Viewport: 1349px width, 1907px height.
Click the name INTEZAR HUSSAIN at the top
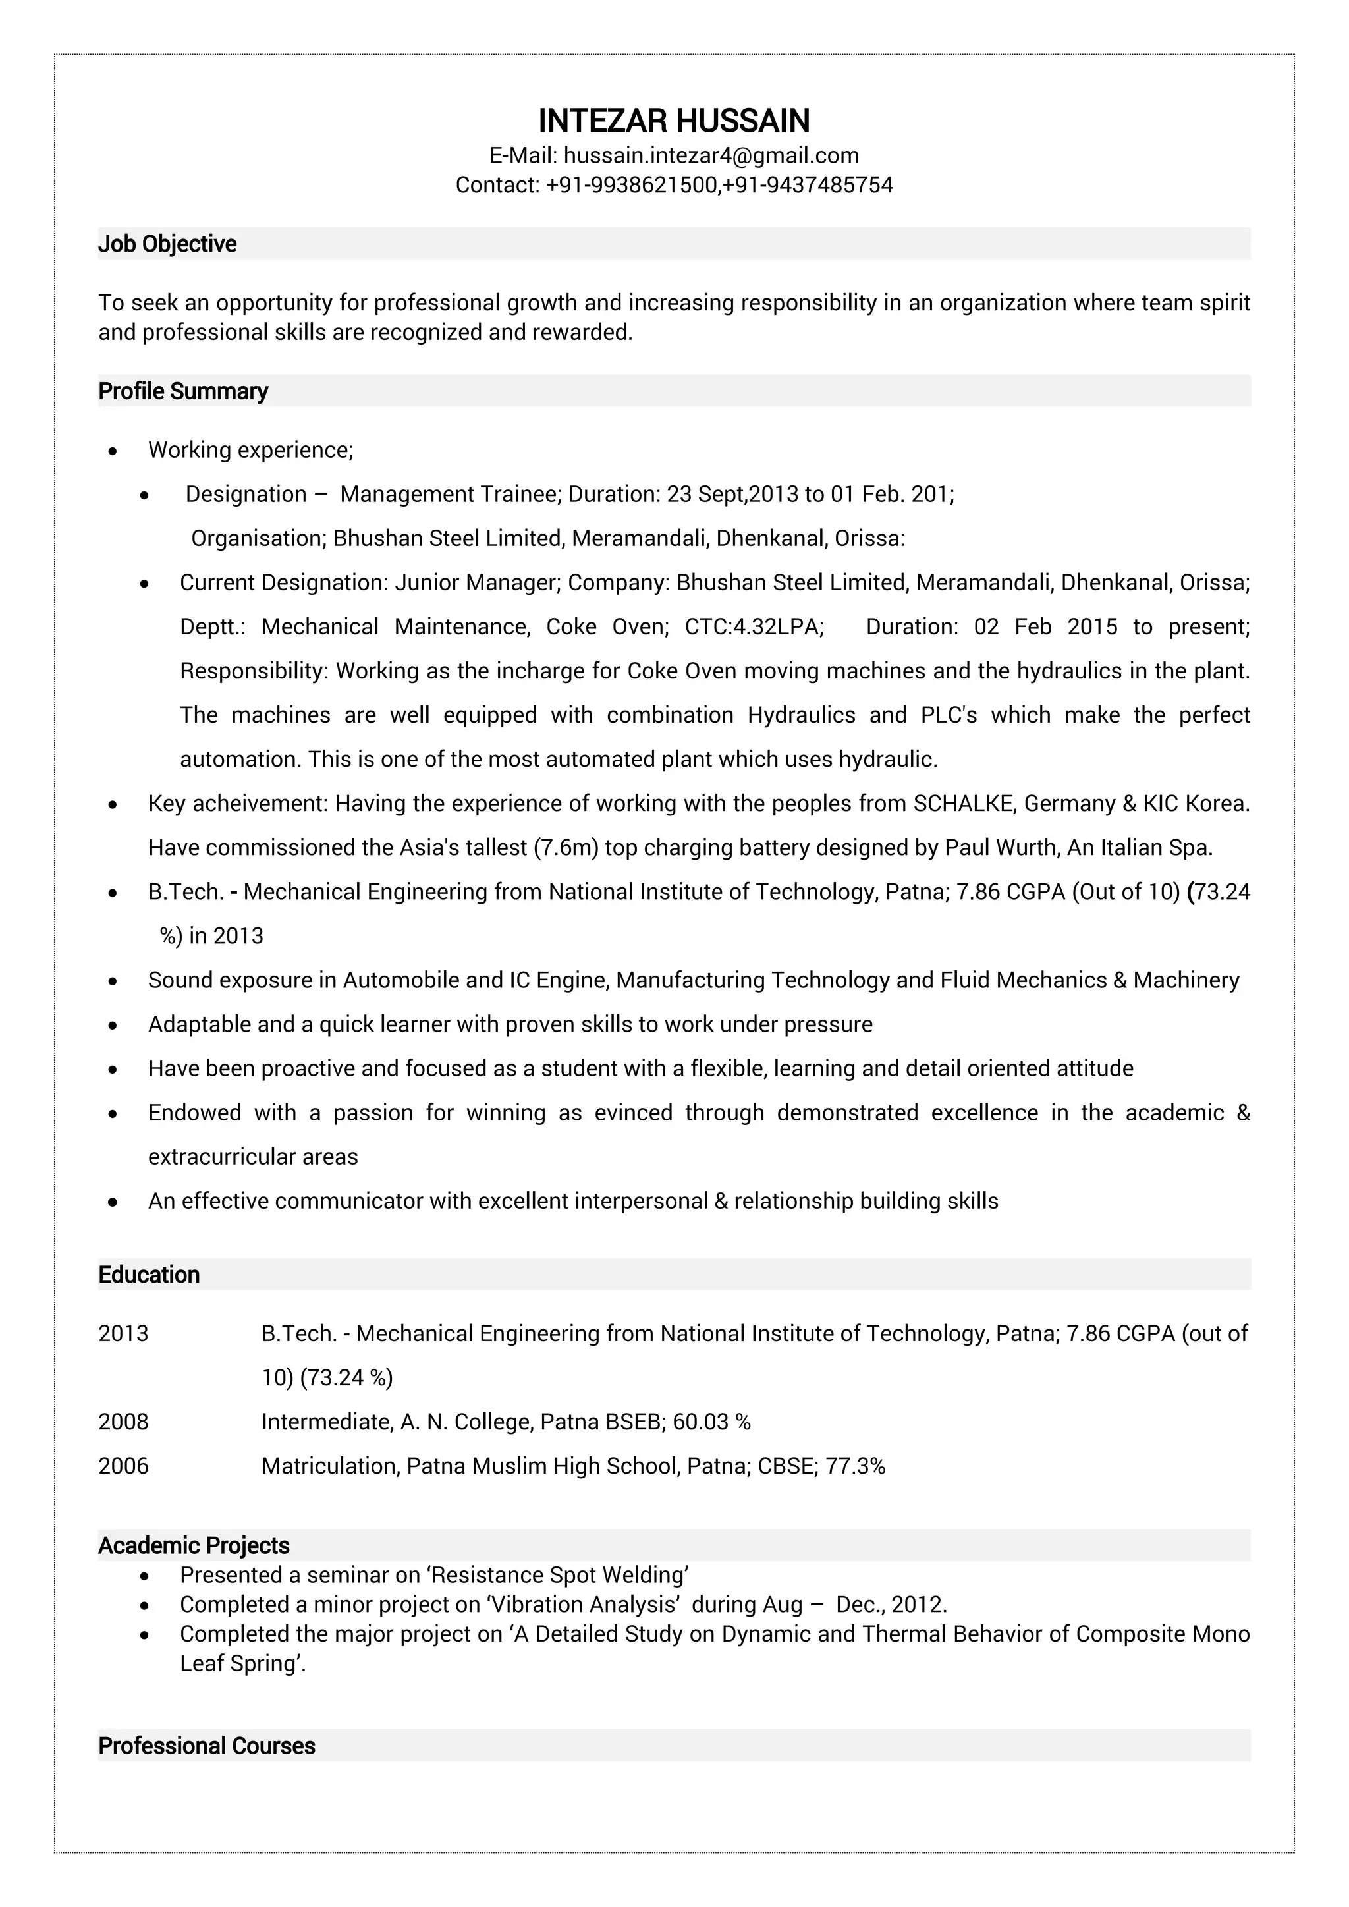pyautogui.click(x=674, y=121)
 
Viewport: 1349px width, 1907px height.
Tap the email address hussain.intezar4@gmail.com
pyautogui.click(x=711, y=155)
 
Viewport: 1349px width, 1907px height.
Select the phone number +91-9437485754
pyautogui.click(x=808, y=184)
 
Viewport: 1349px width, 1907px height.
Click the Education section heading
pyautogui.click(x=149, y=1275)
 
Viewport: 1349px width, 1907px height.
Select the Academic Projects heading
pyautogui.click(x=194, y=1546)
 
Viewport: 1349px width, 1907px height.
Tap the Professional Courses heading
pyautogui.click(x=206, y=1746)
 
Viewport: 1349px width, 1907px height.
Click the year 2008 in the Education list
pyautogui.click(x=123, y=1422)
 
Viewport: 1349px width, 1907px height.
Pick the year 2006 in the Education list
pyautogui.click(x=123, y=1466)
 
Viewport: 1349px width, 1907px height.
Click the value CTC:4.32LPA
pyautogui.click(x=754, y=627)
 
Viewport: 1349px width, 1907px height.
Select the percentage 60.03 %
pyautogui.click(x=711, y=1422)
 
